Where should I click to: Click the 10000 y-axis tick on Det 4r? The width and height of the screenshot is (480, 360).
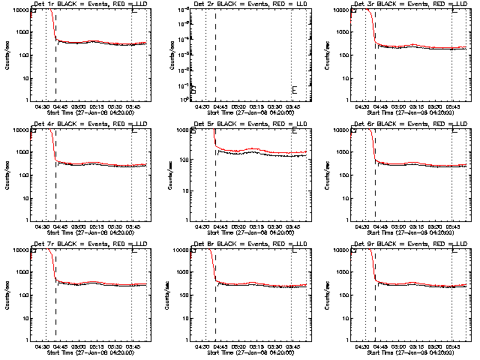pos(21,130)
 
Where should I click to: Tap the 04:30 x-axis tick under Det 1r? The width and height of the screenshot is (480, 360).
pos(42,107)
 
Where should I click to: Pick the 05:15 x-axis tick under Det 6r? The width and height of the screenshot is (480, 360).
pos(417,226)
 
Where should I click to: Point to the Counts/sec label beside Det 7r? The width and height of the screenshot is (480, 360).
pos(7,294)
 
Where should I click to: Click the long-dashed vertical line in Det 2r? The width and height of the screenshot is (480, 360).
pos(215,52)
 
